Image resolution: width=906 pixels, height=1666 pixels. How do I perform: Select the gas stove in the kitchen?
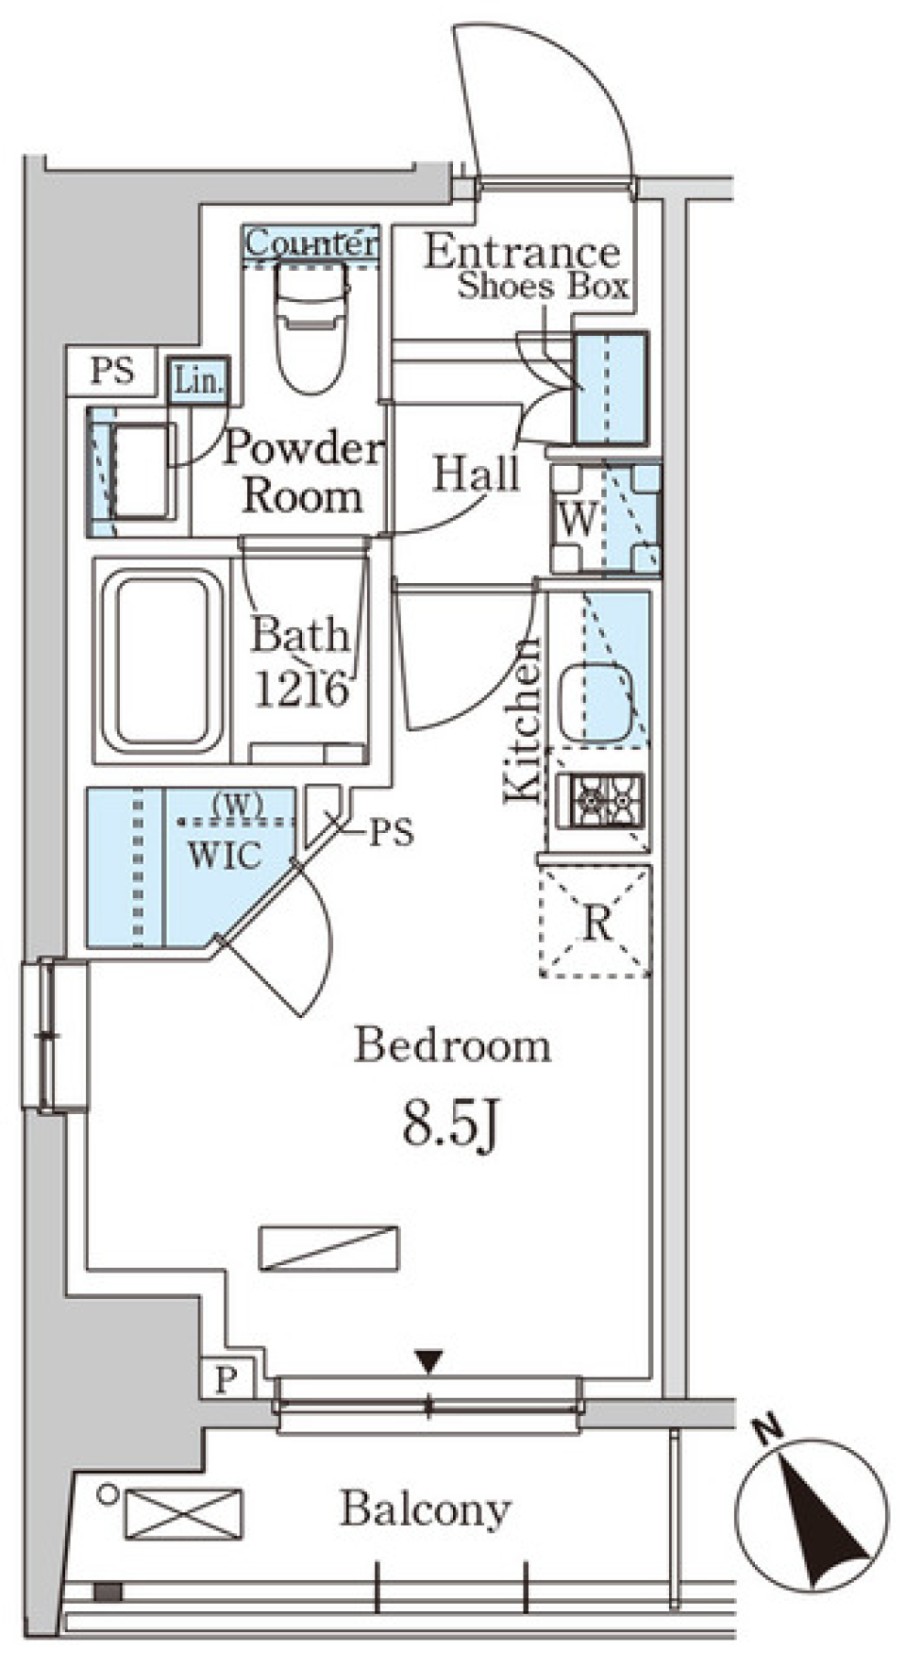pyautogui.click(x=601, y=800)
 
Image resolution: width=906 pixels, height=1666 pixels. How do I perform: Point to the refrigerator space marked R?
pyautogui.click(x=595, y=921)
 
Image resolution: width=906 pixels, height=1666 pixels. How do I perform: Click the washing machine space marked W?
pyautogui.click(x=605, y=518)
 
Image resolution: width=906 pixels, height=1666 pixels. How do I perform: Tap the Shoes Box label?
pyautogui.click(x=543, y=287)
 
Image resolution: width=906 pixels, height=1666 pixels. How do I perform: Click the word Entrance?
pyautogui.click(x=522, y=252)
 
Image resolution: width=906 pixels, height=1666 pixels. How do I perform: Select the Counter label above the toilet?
pyautogui.click(x=310, y=243)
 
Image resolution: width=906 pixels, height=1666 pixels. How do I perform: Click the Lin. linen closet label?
pyautogui.click(x=199, y=382)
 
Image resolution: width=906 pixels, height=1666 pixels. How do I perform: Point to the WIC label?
pyautogui.click(x=225, y=855)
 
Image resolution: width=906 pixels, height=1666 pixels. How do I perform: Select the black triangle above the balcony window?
pyautogui.click(x=429, y=1362)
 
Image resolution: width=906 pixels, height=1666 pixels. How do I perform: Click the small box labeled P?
pyautogui.click(x=225, y=1380)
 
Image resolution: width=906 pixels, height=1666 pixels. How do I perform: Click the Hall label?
pyautogui.click(x=477, y=474)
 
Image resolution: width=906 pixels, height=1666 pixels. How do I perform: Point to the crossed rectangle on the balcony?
pyautogui.click(x=183, y=1512)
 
